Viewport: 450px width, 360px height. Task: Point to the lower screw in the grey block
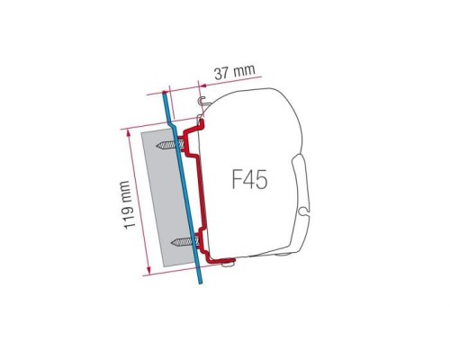tap(184, 238)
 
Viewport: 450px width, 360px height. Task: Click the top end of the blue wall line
tap(165, 92)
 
